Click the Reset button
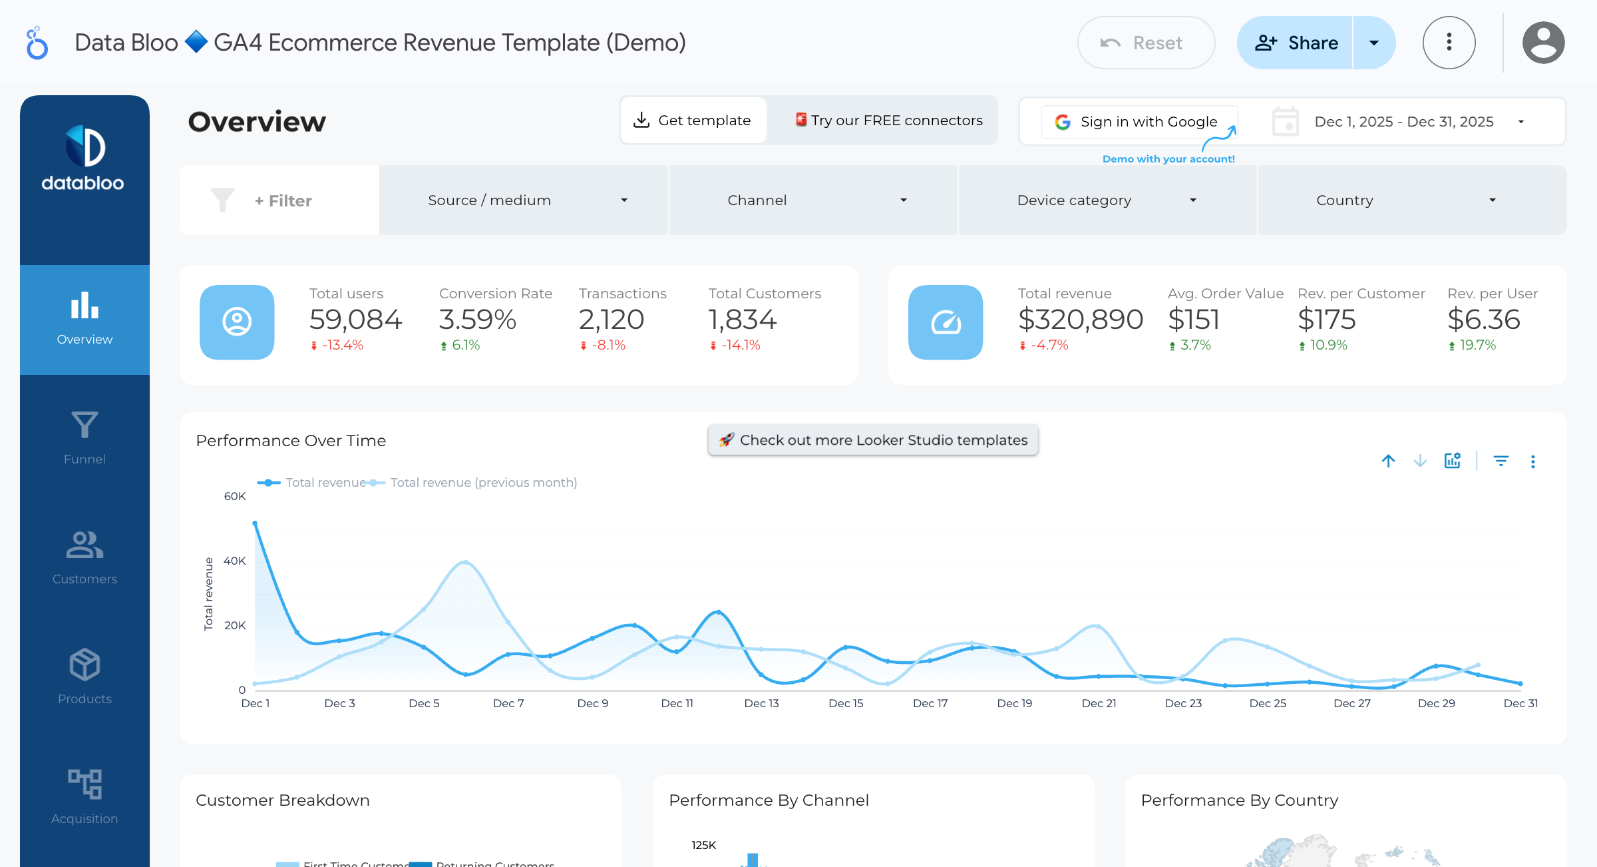point(1146,43)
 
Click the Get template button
point(693,121)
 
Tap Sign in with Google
point(1139,122)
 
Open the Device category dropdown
point(1107,200)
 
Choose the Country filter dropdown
point(1409,200)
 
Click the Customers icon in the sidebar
point(85,545)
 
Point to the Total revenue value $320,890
point(1081,320)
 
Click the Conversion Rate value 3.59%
point(477,320)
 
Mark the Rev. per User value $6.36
point(1484,320)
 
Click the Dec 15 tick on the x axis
point(846,703)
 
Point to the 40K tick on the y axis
point(235,561)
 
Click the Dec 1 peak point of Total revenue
point(255,523)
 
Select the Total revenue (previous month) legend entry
point(483,483)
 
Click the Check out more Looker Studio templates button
point(873,440)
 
